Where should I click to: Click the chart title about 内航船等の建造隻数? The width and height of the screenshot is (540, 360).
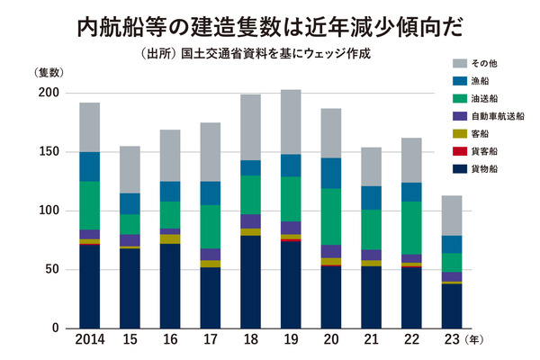tap(269, 25)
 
